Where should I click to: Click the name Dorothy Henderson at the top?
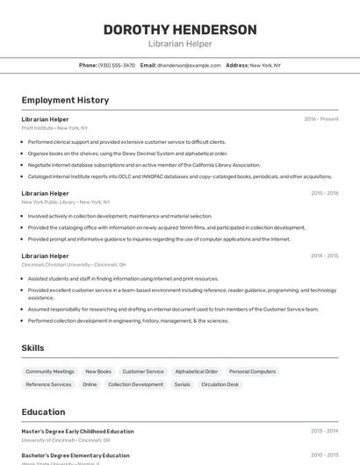(x=180, y=30)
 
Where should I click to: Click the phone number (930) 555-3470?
(x=116, y=65)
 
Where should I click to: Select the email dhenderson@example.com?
(x=189, y=65)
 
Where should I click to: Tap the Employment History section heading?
(x=65, y=100)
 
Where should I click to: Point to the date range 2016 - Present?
(x=321, y=118)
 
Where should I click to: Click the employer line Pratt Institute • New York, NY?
(x=54, y=128)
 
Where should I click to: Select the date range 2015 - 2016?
(x=324, y=193)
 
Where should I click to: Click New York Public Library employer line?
(x=61, y=202)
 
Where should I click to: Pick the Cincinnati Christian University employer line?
(x=74, y=264)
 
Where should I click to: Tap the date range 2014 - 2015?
(x=324, y=255)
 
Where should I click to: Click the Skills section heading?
(x=32, y=348)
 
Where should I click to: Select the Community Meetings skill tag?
(x=50, y=371)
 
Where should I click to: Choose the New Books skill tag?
(x=98, y=371)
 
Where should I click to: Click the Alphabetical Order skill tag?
(x=196, y=371)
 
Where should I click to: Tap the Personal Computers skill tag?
(x=252, y=371)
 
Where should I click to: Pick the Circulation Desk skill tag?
(x=220, y=384)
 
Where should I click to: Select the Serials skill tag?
(x=182, y=384)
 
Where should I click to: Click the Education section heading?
(x=43, y=412)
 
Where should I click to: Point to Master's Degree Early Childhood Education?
(x=77, y=431)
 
